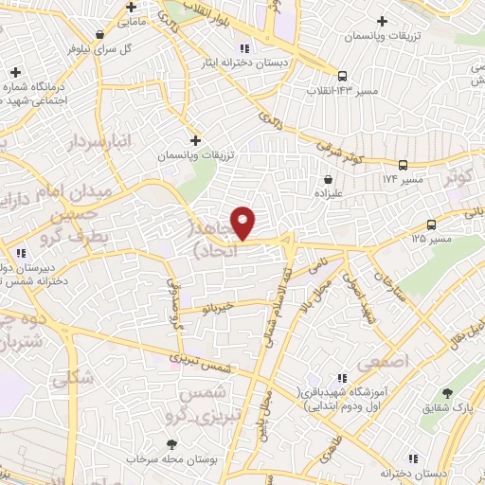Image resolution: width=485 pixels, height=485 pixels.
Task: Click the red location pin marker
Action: (x=243, y=222)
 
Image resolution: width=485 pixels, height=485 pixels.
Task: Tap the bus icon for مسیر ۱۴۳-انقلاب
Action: (x=342, y=76)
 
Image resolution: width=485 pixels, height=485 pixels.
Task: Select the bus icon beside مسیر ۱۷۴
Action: (x=404, y=163)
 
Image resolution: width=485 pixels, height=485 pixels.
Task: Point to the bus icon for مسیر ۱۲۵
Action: (x=432, y=225)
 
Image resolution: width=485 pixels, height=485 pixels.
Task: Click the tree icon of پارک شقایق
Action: (x=447, y=392)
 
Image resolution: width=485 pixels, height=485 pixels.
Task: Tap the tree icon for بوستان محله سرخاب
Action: (x=171, y=443)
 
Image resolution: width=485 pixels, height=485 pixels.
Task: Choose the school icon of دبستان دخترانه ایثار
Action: (x=244, y=48)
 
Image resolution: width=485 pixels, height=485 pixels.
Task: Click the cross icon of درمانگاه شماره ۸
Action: (x=15, y=73)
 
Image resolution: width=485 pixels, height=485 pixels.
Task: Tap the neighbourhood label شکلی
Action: (x=73, y=379)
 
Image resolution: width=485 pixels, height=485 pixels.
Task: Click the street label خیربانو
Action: (x=236, y=306)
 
